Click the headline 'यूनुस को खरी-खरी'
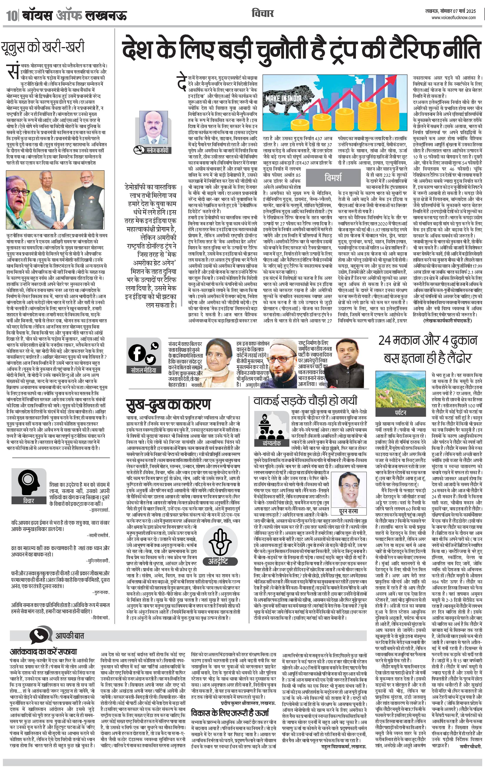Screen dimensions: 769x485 point(43,47)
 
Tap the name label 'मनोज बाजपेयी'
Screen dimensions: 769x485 point(157,150)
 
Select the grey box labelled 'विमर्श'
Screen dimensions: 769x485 point(333,178)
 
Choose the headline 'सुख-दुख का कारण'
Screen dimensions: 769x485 point(168,405)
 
